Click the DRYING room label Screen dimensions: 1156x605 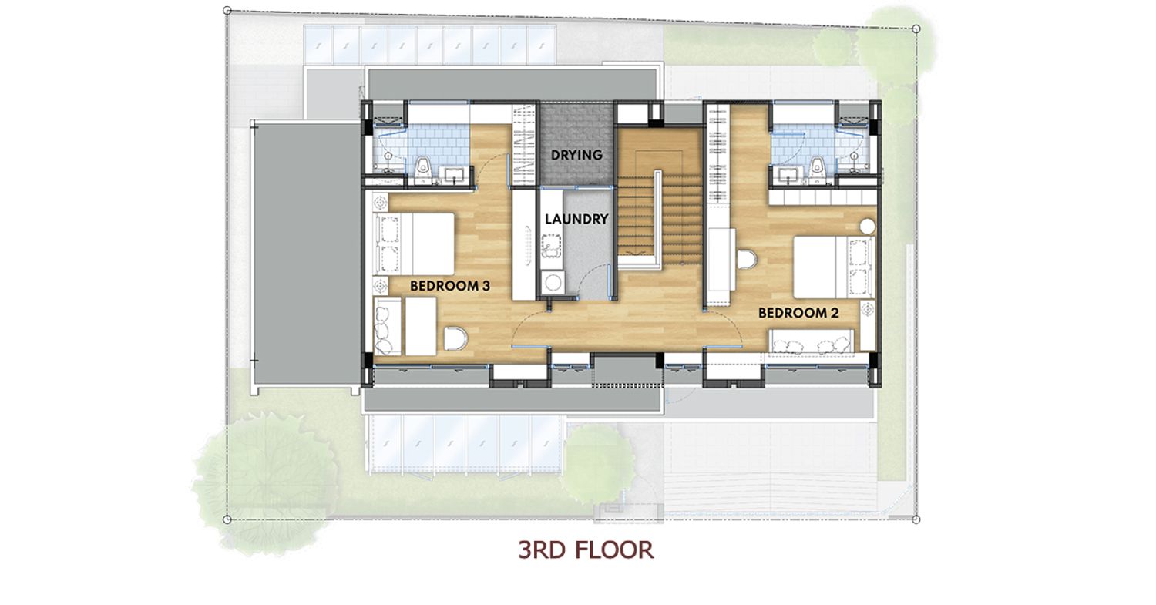coord(576,155)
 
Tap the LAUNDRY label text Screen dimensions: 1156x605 coord(576,220)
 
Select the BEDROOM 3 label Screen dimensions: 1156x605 coord(449,286)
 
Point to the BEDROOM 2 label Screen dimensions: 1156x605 coord(798,313)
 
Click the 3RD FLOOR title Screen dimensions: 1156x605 coord(586,550)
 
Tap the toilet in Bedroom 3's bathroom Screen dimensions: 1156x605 coord(423,170)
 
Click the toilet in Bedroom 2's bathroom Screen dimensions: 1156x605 coord(817,170)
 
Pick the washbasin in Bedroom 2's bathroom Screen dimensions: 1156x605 coord(789,174)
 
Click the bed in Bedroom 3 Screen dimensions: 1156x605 coord(414,244)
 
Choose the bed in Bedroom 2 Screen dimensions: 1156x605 coord(834,267)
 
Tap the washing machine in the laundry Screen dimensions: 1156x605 coord(553,283)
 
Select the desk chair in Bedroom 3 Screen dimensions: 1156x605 coord(455,338)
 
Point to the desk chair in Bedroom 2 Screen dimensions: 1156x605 coord(746,260)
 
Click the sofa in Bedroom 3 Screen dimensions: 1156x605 coord(388,326)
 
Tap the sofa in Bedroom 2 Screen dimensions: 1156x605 coord(811,341)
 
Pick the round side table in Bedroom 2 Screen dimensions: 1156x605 coord(868,226)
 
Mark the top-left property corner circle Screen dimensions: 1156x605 coord(227,10)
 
